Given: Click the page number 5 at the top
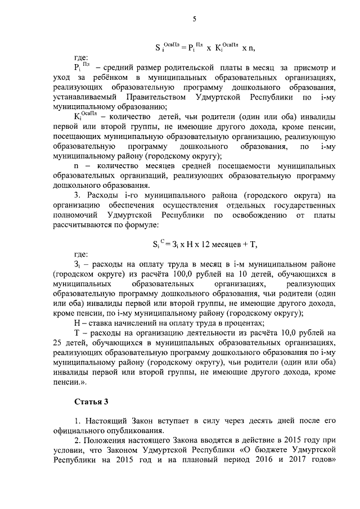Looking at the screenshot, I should click(x=194, y=19).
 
